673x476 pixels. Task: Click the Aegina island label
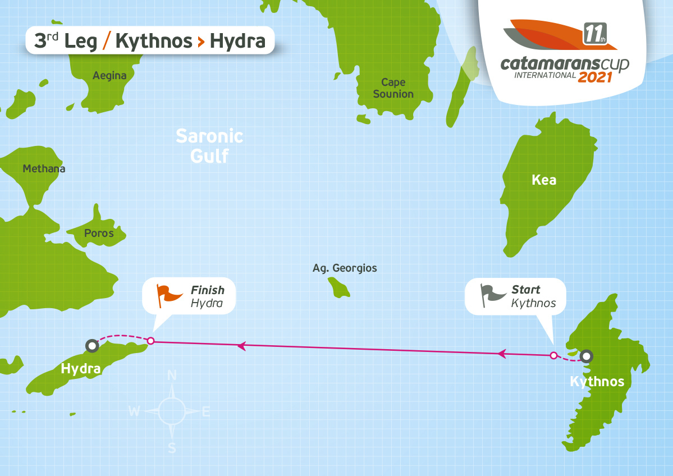[109, 76]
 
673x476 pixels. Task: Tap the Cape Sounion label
[393, 88]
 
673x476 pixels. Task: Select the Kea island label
[544, 180]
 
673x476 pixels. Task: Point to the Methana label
[44, 168]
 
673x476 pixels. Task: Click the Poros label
[99, 233]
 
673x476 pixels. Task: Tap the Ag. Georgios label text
[345, 268]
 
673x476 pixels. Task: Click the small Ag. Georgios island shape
[339, 289]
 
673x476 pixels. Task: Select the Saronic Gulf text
[209, 145]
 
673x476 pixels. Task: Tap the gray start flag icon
[492, 295]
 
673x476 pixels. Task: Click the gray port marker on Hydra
[91, 346]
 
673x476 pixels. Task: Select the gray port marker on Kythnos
[587, 355]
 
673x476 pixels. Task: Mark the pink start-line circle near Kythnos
[553, 355]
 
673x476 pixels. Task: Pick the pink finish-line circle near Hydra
[150, 340]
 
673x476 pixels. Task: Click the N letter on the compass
[172, 376]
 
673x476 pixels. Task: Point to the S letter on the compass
[172, 447]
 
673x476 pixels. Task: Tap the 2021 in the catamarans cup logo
[594, 77]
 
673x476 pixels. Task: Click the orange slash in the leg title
[107, 40]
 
